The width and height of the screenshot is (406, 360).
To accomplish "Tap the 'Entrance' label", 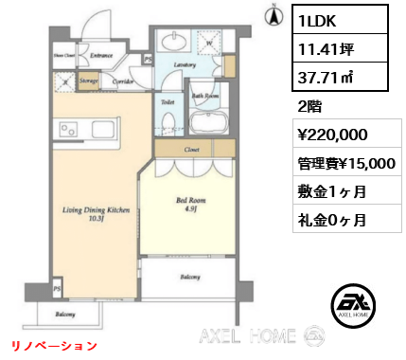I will point(102,56).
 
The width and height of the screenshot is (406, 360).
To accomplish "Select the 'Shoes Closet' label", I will point(63,57).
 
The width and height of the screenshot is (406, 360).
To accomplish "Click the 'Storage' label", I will point(90,82).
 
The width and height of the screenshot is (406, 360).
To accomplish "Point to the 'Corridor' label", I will point(122,82).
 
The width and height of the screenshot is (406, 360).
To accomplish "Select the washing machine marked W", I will point(208,42).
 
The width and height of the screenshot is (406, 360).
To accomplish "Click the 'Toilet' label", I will point(166,101).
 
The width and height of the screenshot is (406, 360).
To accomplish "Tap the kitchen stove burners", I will point(69,129).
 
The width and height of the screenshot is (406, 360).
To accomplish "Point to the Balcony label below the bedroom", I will point(189,277).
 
